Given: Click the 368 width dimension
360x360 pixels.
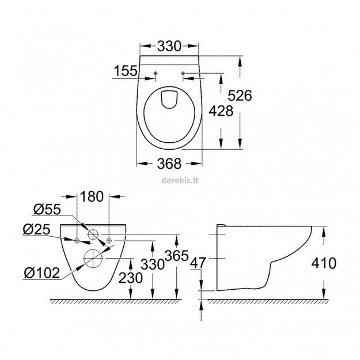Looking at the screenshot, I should click(169, 163).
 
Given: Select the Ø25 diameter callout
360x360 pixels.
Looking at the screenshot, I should click(36, 229).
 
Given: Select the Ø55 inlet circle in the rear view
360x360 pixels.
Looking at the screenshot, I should click(92, 235).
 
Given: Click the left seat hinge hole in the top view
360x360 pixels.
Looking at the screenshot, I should click(157, 73).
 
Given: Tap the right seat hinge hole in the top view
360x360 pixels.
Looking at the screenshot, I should click(183, 73).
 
